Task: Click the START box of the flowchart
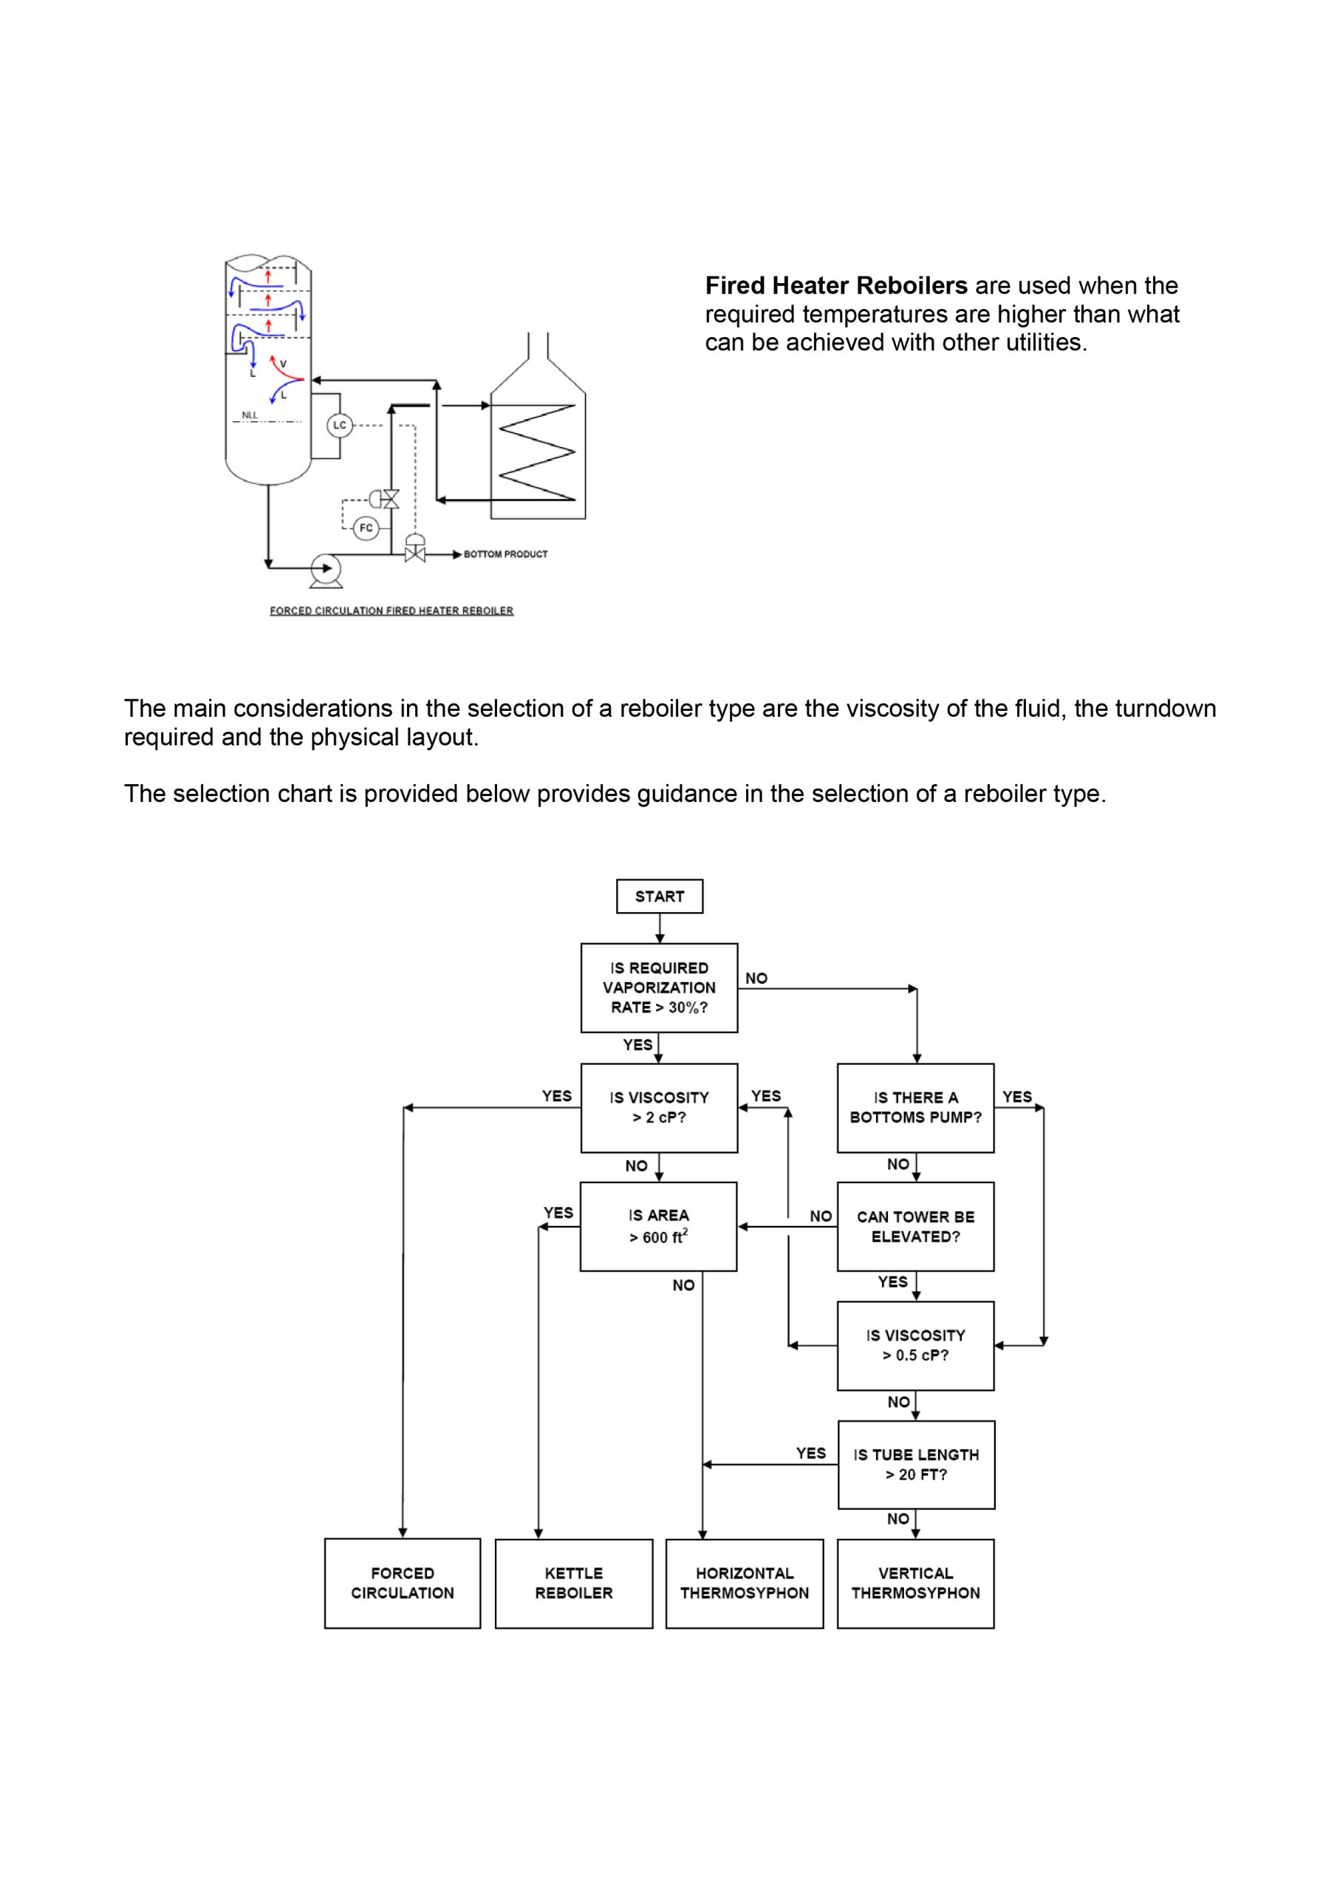(659, 896)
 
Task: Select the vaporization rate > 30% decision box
(659, 987)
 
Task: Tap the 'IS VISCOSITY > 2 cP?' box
(659, 1108)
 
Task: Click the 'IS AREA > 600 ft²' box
(658, 1226)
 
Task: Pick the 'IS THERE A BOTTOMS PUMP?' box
(915, 1108)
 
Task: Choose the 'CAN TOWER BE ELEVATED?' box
(915, 1226)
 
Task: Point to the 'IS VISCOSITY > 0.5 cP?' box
(915, 1346)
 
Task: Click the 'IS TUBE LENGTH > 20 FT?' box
(916, 1464)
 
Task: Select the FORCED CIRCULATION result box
(402, 1583)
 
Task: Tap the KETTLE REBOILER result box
(573, 1583)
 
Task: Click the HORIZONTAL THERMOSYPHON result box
(744, 1583)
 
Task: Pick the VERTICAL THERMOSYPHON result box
(915, 1583)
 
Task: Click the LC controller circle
(339, 425)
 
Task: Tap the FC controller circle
(366, 528)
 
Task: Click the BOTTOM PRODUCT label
(505, 554)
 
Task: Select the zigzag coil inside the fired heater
(537, 452)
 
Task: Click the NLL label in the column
(250, 415)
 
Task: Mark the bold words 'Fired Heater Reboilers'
(836, 285)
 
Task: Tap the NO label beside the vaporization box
(756, 978)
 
